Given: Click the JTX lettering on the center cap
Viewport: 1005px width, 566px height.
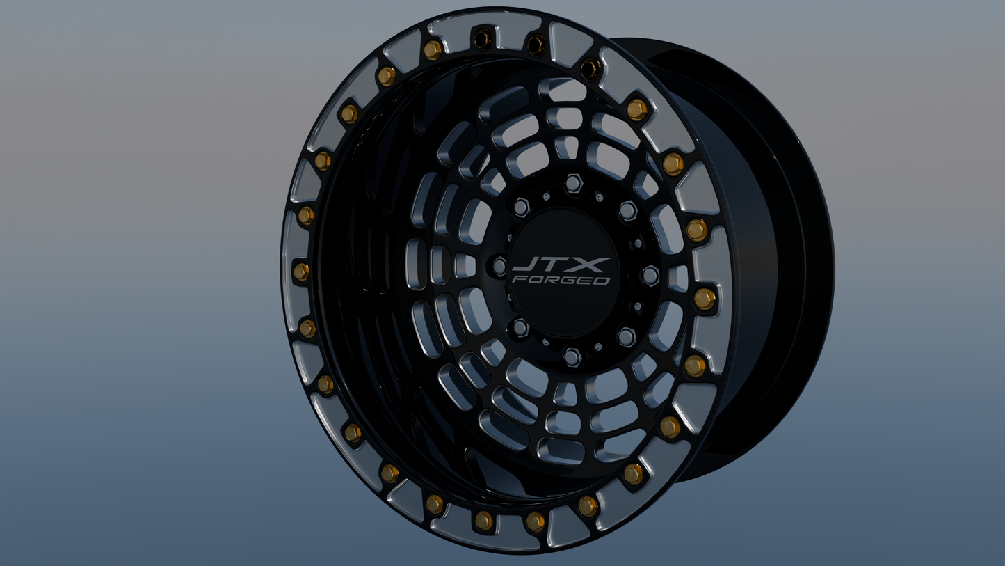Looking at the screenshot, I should tap(561, 265).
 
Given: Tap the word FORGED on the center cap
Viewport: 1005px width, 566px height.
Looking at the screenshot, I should tap(561, 280).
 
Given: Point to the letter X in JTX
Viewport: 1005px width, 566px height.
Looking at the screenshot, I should tap(593, 265).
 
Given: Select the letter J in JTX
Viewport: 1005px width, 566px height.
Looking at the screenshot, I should tap(526, 265).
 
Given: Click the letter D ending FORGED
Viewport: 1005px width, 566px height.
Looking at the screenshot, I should tap(602, 280).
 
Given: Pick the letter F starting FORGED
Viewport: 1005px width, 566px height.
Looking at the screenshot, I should tap(518, 280).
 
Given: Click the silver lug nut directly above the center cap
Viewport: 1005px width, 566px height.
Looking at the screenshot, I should tap(572, 183).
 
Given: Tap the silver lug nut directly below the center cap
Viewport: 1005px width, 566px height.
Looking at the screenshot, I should tap(571, 357).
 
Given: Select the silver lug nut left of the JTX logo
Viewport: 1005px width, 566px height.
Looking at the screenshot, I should tap(499, 265).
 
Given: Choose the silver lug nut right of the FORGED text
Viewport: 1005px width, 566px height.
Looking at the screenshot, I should tap(650, 276).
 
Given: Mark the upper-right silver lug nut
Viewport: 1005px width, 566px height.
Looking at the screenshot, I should tap(627, 210).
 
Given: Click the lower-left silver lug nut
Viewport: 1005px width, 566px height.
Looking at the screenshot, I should tap(520, 327).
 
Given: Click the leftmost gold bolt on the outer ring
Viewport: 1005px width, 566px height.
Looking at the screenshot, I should tap(301, 272).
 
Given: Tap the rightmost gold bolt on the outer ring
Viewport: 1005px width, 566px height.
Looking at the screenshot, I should tap(704, 299).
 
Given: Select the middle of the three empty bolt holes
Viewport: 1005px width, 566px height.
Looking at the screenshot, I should tap(536, 45).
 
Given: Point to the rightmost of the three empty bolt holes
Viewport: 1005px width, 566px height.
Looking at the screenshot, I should tap(590, 68).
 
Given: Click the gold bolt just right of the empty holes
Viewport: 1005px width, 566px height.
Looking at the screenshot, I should tap(636, 109).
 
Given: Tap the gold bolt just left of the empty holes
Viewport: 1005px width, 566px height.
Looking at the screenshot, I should tap(433, 49).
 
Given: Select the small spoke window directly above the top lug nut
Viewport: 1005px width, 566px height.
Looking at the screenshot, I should tap(567, 147).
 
